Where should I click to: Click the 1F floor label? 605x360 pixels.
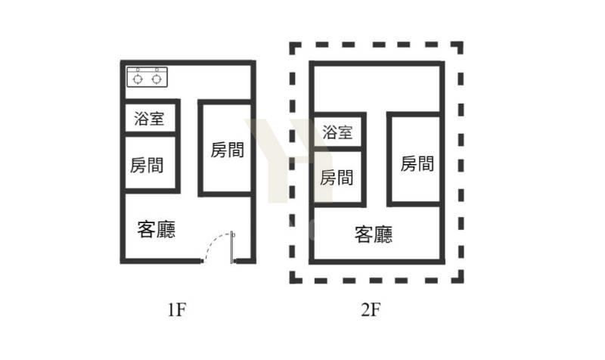click(177, 309)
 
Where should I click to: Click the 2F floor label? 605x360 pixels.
click(371, 309)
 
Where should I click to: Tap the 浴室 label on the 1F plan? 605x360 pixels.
click(149, 119)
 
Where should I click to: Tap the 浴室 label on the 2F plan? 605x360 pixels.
click(337, 132)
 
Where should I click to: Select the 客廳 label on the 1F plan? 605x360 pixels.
click(157, 229)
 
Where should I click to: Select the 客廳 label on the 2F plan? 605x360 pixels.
click(374, 234)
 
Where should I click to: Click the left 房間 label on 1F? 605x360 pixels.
click(147, 166)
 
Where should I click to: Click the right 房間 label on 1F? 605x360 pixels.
click(228, 150)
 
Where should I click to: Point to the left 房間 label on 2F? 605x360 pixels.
click(337, 178)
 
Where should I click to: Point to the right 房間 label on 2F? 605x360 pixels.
click(417, 163)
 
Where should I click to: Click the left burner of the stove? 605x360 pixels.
click(138, 79)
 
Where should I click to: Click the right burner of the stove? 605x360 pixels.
click(157, 79)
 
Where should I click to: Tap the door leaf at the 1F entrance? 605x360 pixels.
click(232, 247)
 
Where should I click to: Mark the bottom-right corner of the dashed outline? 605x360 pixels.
click(462, 282)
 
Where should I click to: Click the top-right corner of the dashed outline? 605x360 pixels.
click(462, 43)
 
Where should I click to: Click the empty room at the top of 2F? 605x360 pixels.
click(377, 88)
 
